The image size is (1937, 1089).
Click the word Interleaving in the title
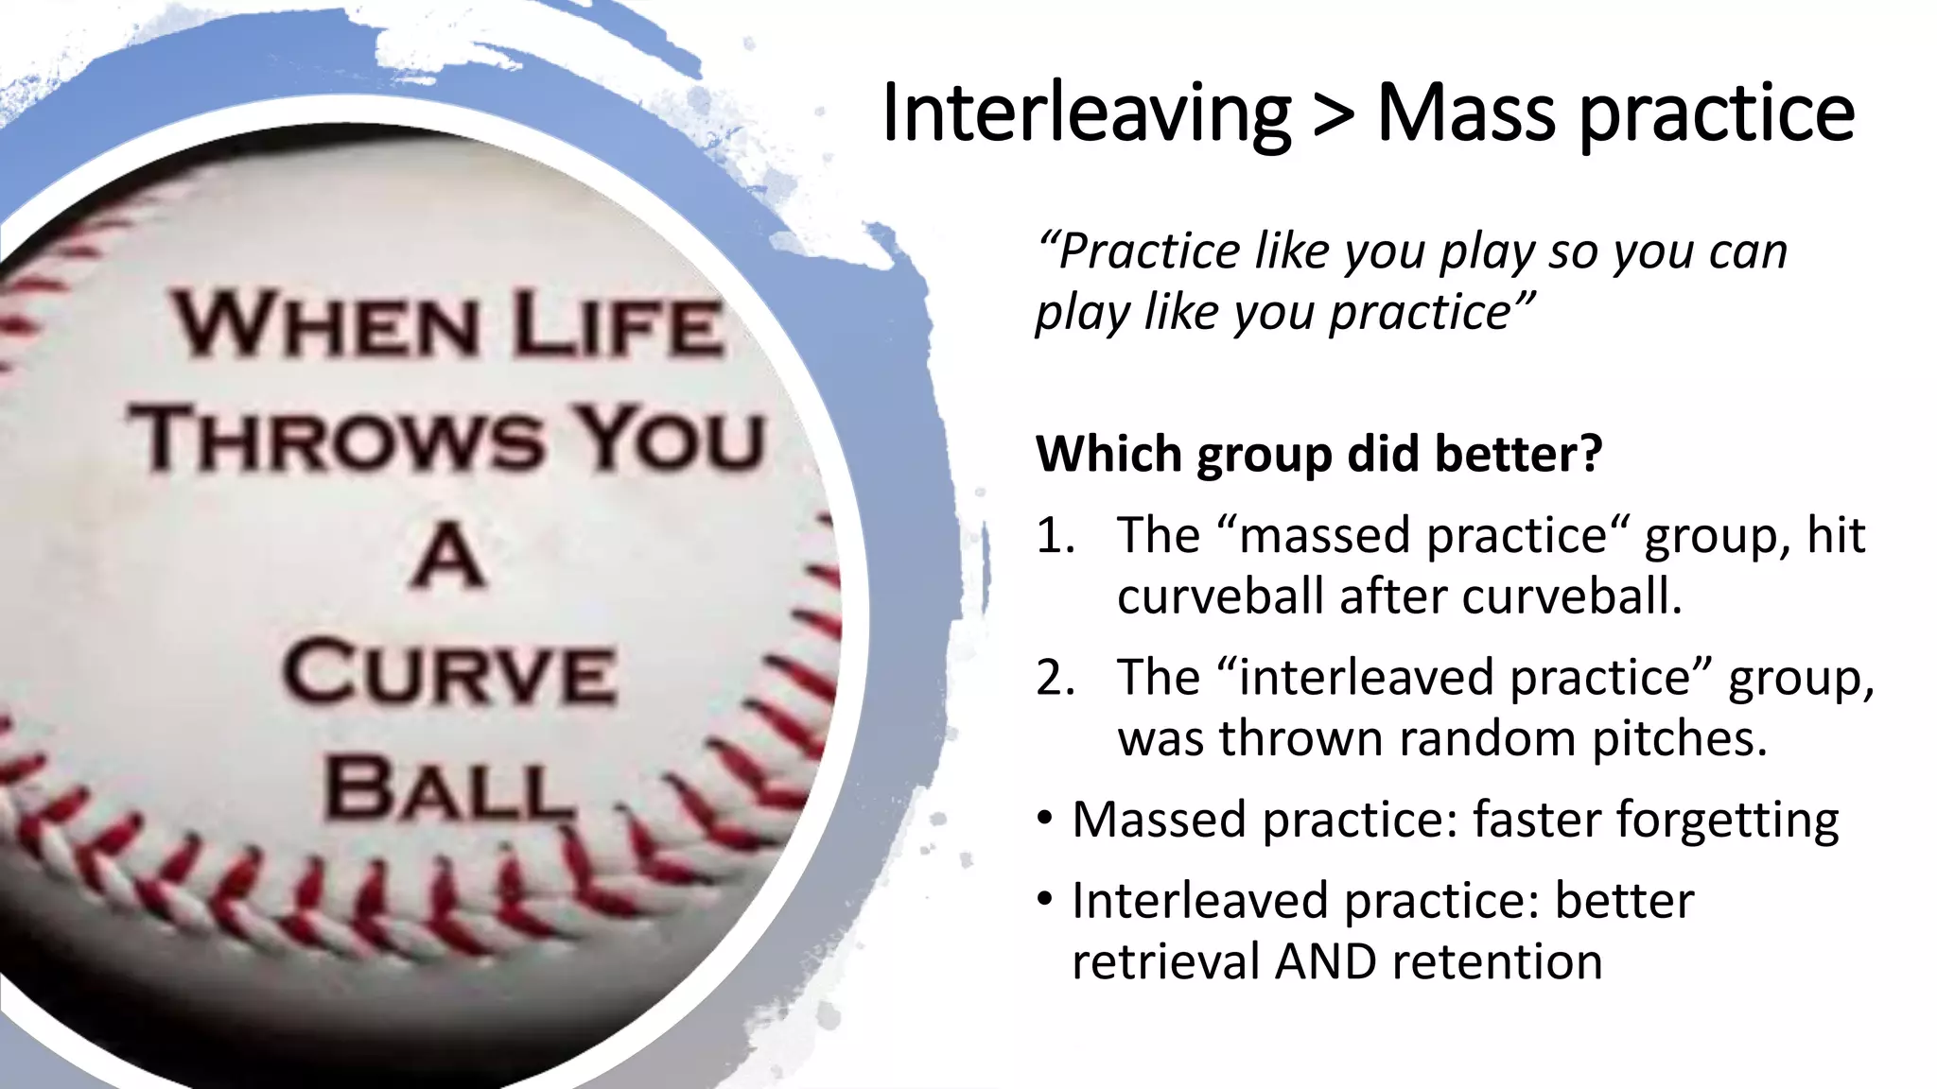[1086, 113]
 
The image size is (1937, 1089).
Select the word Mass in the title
[1465, 113]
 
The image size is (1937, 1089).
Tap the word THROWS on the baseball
[337, 440]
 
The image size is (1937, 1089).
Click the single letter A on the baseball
[450, 558]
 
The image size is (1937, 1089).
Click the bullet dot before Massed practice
[1044, 818]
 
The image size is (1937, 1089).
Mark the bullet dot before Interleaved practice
[1044, 899]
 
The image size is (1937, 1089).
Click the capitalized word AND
[1326, 962]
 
